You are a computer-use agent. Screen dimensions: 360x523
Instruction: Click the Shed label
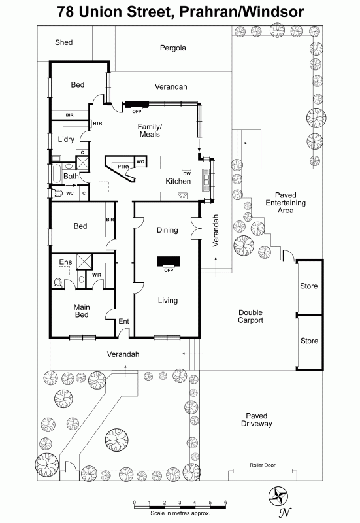63,42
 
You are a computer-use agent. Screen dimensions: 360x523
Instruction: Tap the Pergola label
172,48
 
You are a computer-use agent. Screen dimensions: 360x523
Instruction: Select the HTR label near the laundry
97,124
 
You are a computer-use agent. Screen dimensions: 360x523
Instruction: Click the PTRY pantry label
123,166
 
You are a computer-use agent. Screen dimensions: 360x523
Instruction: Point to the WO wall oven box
140,161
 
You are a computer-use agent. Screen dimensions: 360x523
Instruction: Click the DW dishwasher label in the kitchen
187,173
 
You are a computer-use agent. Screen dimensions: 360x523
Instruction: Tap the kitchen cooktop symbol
182,195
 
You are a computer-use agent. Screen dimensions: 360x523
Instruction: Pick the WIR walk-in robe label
97,275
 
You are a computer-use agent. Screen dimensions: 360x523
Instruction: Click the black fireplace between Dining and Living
169,261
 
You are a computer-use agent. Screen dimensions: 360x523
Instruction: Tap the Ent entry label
123,321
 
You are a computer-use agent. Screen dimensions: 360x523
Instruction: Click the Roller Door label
263,465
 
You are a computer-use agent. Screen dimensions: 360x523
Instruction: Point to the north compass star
279,496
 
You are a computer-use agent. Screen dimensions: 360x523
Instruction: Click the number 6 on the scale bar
225,502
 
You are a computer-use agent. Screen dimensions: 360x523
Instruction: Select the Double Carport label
251,316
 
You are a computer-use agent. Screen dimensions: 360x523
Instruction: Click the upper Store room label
309,286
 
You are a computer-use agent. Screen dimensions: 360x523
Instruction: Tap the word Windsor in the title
272,12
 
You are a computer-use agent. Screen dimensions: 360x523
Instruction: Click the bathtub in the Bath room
56,173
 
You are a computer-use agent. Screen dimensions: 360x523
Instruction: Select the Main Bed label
82,311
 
